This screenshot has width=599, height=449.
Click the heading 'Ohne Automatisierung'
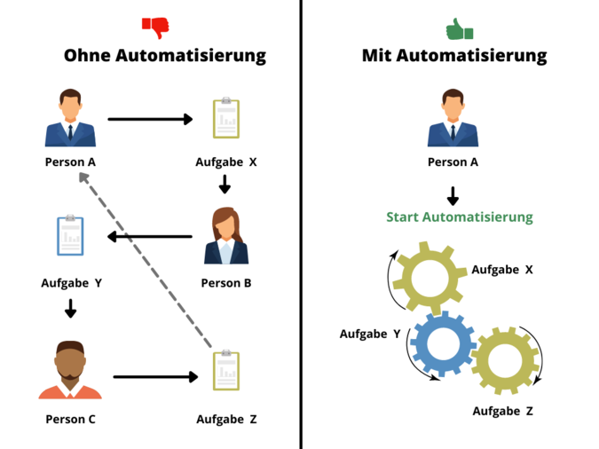click(165, 56)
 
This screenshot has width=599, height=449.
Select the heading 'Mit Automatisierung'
click(454, 56)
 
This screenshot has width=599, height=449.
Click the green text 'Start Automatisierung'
click(460, 217)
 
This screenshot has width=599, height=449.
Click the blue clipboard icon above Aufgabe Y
click(70, 236)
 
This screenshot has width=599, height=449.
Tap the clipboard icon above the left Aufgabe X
click(225, 119)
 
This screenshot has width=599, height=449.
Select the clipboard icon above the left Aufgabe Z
click(225, 370)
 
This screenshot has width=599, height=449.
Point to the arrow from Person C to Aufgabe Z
click(155, 377)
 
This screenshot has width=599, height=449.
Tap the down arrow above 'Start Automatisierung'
click(453, 195)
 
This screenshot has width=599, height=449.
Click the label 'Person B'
click(227, 283)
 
